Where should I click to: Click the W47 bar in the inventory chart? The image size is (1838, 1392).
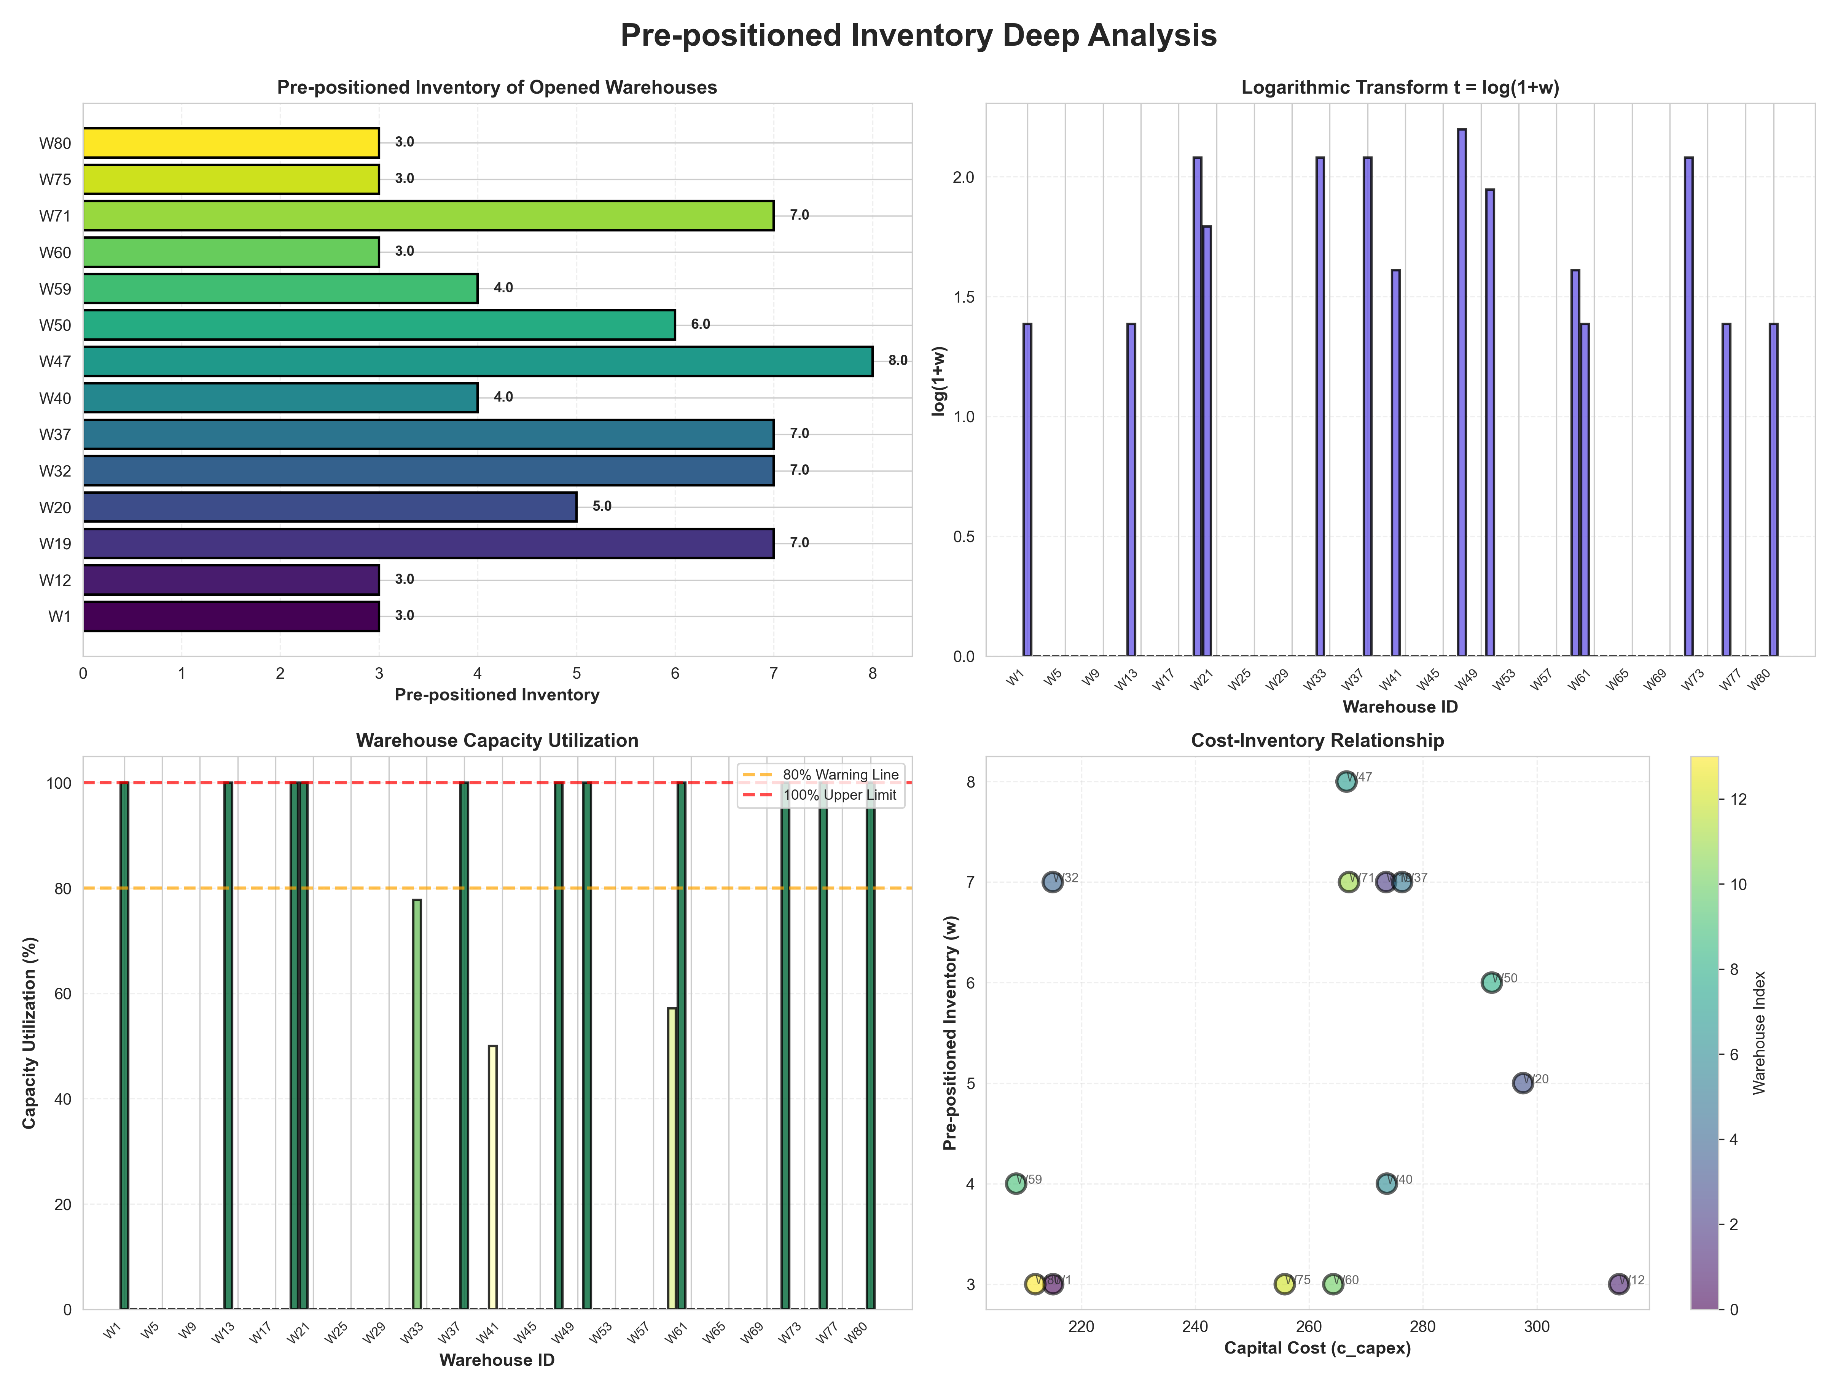click(x=478, y=362)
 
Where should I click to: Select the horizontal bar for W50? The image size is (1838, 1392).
click(x=379, y=325)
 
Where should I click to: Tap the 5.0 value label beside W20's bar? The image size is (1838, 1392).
click(x=602, y=507)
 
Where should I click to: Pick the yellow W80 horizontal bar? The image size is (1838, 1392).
click(x=231, y=143)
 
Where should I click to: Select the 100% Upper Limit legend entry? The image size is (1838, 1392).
click(x=839, y=795)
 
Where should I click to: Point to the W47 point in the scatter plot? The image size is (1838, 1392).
click(x=1346, y=781)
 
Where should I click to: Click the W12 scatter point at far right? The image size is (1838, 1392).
click(x=1618, y=1284)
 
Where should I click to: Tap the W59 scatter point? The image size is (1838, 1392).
click(x=1015, y=1183)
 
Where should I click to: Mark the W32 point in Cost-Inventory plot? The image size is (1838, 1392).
click(x=1052, y=882)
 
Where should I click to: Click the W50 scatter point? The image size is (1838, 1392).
click(x=1491, y=982)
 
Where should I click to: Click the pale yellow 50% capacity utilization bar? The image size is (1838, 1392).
click(x=493, y=1177)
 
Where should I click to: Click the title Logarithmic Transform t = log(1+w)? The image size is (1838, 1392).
click(x=1400, y=87)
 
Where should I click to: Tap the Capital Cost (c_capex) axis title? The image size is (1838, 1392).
click(x=1317, y=1348)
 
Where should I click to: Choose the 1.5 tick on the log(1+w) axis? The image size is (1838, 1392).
click(x=964, y=298)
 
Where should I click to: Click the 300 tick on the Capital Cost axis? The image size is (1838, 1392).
click(x=1536, y=1327)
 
